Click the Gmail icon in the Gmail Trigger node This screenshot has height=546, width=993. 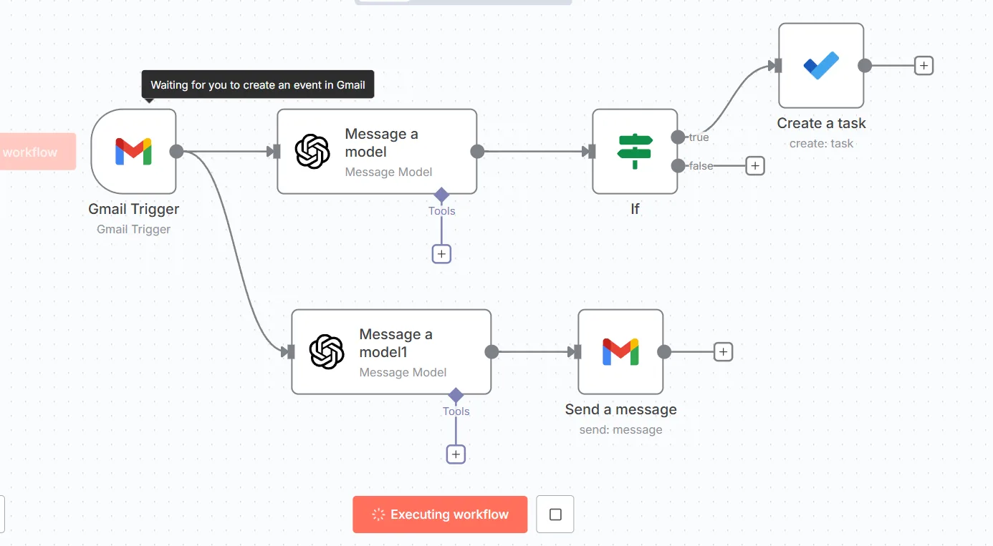point(133,152)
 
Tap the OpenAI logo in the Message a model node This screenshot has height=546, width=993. point(312,152)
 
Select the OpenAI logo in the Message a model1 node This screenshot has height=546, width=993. point(327,352)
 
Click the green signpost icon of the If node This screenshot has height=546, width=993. point(635,152)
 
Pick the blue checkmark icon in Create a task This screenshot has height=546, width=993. point(821,66)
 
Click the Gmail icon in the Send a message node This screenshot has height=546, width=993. point(620,352)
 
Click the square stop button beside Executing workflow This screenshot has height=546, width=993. point(555,514)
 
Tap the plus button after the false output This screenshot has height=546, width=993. point(755,166)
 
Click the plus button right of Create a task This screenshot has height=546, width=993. point(924,66)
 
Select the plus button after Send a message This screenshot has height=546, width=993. point(723,352)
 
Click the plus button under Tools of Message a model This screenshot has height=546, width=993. point(441,254)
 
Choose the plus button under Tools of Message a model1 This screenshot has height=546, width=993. point(456,454)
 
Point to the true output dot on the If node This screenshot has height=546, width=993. point(678,137)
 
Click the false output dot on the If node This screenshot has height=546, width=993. point(678,166)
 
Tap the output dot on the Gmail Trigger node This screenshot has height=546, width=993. point(176,152)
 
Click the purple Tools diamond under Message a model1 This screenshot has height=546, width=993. point(456,395)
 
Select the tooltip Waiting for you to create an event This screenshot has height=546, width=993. point(257,84)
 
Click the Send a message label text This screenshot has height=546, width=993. point(620,409)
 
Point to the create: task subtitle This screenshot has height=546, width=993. point(821,143)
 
